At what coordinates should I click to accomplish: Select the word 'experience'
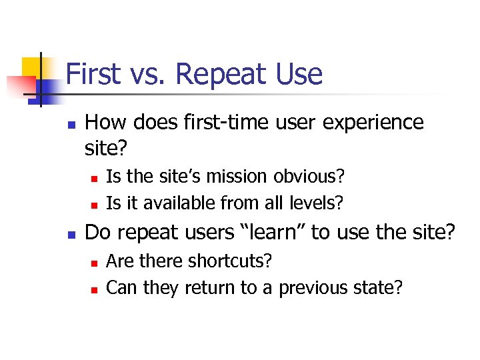coord(377,123)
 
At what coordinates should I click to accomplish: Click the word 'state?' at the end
coord(381,287)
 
